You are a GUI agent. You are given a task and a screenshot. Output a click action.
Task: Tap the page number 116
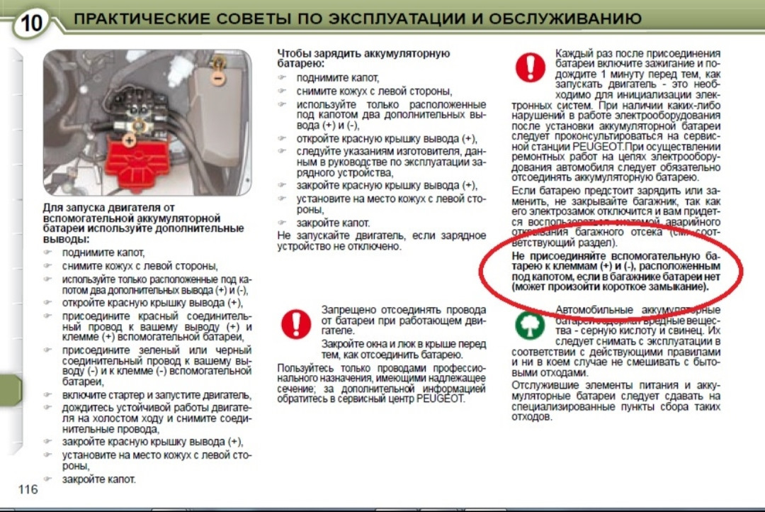28,490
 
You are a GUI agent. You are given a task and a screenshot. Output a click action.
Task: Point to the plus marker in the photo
129,140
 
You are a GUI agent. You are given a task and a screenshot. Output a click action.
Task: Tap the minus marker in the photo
220,76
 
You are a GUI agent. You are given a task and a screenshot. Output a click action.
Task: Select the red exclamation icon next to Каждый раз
530,68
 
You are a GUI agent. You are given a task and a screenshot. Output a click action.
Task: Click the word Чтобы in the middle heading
293,53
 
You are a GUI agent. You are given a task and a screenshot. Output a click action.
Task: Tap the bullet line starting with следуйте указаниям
390,152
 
